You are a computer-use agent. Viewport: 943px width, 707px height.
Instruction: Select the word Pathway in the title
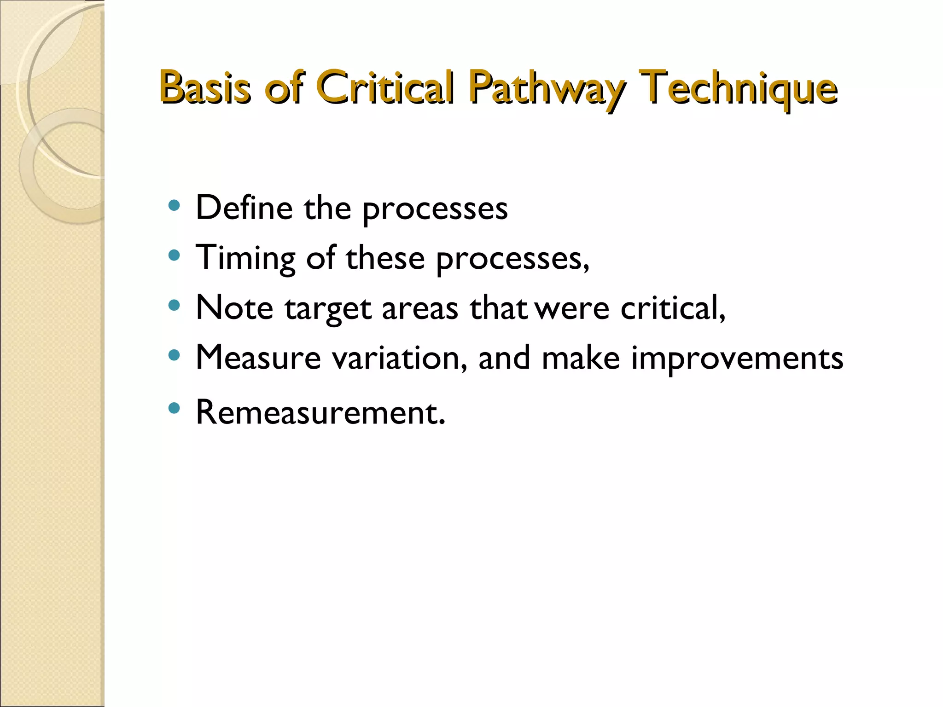547,88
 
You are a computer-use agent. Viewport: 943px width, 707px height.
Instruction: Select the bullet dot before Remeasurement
174,408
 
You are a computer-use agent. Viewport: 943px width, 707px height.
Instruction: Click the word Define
244,208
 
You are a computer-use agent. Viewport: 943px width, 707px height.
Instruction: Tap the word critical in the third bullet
672,307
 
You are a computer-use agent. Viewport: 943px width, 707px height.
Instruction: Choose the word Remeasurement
320,412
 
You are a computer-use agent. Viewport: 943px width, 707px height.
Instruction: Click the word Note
234,307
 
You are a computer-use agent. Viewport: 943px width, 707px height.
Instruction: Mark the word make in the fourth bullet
580,358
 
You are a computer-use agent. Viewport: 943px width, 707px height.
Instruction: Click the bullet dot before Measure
174,355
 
